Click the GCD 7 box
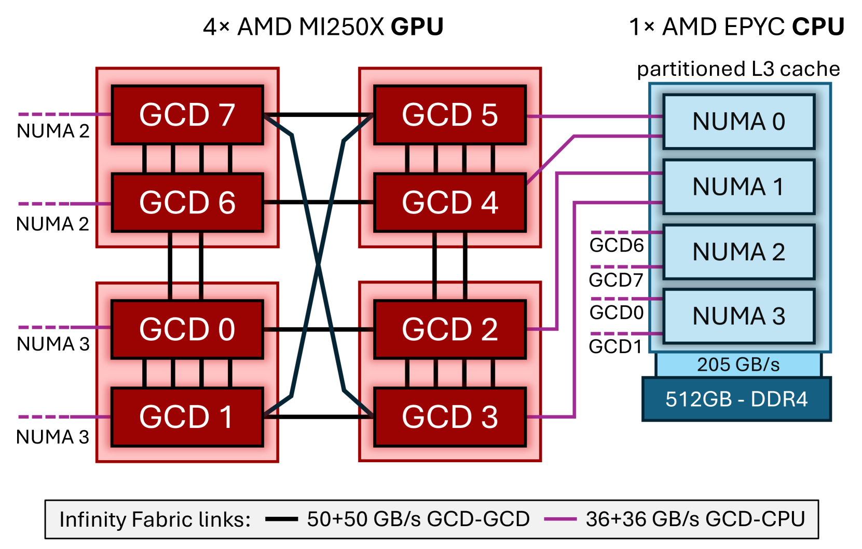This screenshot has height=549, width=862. [x=187, y=115]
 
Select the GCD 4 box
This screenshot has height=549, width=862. [x=449, y=203]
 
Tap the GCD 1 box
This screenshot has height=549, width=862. [x=187, y=417]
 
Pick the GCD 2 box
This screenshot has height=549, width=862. [x=449, y=329]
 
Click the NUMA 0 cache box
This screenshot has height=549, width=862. [x=738, y=122]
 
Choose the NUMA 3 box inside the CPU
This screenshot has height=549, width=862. [x=738, y=316]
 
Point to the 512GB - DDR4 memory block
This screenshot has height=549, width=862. [x=736, y=399]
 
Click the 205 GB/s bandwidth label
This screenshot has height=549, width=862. [x=738, y=365]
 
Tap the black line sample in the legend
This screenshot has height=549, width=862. [x=281, y=519]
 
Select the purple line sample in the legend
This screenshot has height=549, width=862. [x=560, y=519]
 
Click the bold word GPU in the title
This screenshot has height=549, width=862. [x=417, y=27]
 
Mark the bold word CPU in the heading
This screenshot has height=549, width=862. [x=818, y=27]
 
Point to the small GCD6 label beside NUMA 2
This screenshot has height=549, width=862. [x=617, y=245]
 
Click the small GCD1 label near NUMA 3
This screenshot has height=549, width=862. [x=615, y=346]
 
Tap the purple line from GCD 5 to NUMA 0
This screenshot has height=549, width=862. [x=594, y=116]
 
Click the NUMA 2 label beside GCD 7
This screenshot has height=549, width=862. [x=53, y=131]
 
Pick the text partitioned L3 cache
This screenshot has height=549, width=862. [x=738, y=69]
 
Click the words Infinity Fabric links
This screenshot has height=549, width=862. [x=155, y=519]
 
